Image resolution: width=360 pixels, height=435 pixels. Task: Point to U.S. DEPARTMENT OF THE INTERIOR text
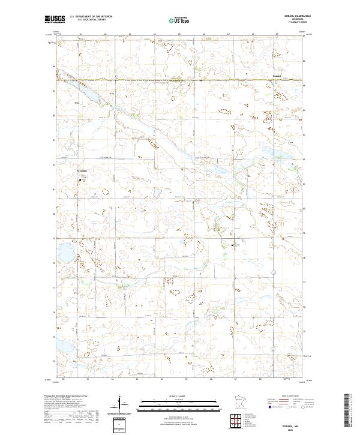click(x=91, y=17)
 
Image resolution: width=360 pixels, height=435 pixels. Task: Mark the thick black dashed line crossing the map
click(x=180, y=80)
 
